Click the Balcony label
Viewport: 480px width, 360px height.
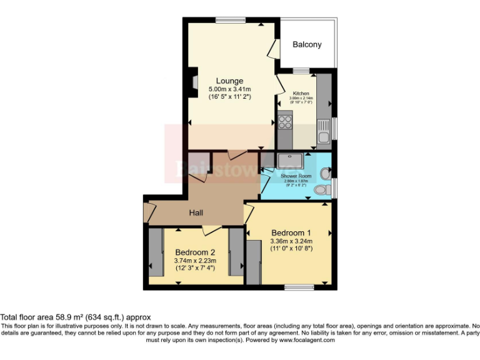pos(307,44)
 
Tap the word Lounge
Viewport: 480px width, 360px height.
pos(229,81)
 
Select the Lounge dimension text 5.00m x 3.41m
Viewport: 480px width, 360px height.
pos(229,89)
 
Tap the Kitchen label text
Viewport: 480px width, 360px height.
pos(301,93)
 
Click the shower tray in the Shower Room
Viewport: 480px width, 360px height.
pos(290,161)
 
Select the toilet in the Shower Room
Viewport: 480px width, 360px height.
pos(322,189)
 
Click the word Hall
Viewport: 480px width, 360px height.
pos(196,213)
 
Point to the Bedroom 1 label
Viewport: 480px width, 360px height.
pos(291,232)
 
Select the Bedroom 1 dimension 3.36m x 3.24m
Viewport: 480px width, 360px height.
pos(291,241)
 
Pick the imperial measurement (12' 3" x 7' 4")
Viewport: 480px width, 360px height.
pos(196,269)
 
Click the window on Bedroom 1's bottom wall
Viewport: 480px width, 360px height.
pos(299,287)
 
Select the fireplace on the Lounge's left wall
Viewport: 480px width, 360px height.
pos(195,82)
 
